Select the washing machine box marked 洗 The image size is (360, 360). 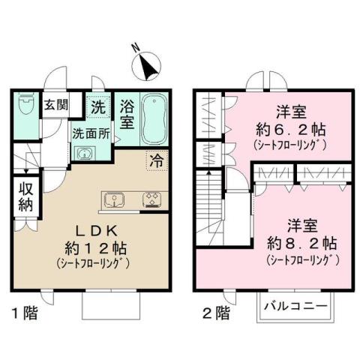[x=98, y=106]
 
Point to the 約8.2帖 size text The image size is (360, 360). [x=303, y=244]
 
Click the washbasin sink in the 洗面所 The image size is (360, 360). [x=85, y=154]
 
